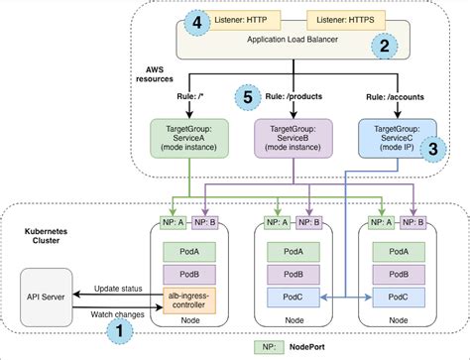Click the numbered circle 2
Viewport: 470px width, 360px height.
pyautogui.click(x=383, y=44)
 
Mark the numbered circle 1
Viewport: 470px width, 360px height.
pyautogui.click(x=121, y=329)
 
